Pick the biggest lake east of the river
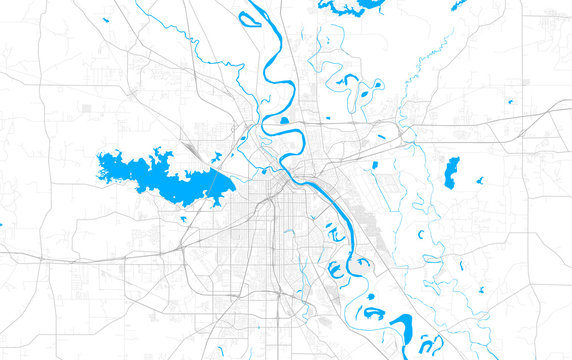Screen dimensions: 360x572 (x=451, y=171)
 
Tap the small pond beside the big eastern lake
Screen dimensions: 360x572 (x=480, y=181)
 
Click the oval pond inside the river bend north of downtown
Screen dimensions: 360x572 (x=284, y=121)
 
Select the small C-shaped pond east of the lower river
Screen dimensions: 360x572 (x=420, y=234)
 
